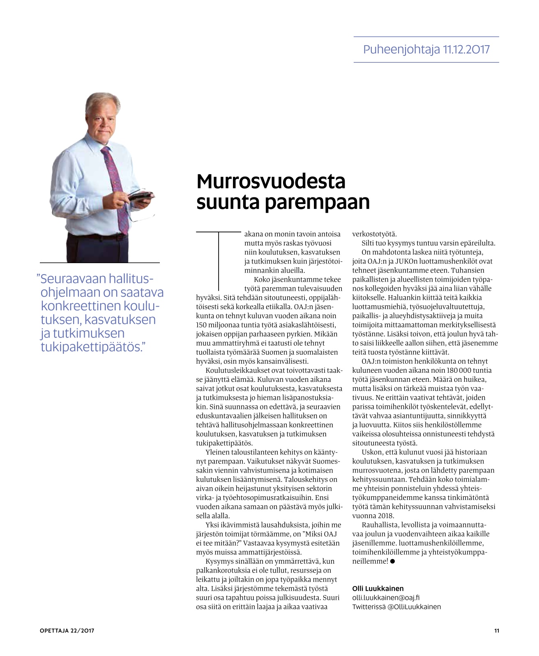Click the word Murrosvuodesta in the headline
(x=271, y=181)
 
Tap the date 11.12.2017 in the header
(x=466, y=50)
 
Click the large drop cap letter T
(x=218, y=261)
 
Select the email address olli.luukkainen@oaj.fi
(x=386, y=598)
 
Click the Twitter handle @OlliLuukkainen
(x=414, y=607)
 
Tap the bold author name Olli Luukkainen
(x=378, y=589)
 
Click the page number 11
(x=497, y=631)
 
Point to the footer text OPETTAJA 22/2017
(x=67, y=631)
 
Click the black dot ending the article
(x=393, y=561)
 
